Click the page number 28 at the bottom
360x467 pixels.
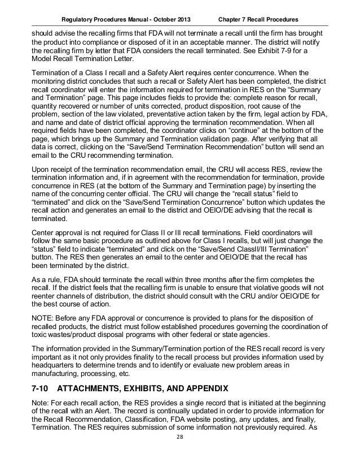click(x=180, y=453)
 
